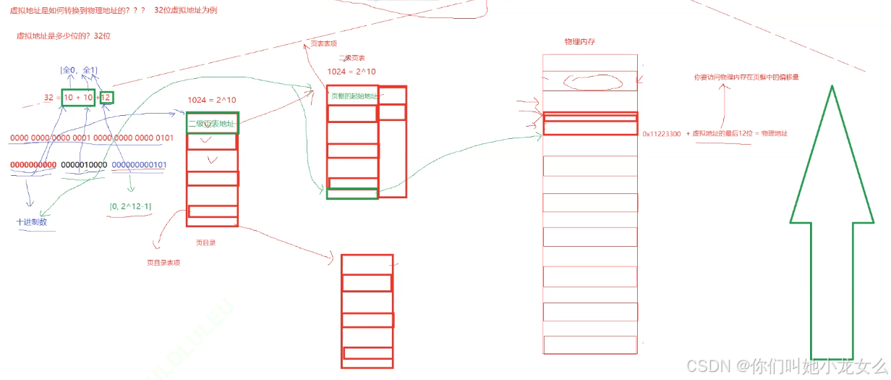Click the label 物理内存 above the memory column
tap(580, 43)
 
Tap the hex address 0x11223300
tap(661, 133)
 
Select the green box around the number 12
tap(107, 97)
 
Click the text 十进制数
tap(33, 222)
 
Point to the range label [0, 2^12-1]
tap(131, 206)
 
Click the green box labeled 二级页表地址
tap(212, 123)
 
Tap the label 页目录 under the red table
tap(205, 243)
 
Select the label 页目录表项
tap(163, 263)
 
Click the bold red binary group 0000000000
tap(33, 165)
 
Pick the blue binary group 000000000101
tap(139, 165)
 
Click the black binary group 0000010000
tap(84, 165)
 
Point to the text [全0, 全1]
tap(79, 70)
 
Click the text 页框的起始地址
tap(353, 96)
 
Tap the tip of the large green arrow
tap(832, 88)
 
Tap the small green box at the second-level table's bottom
tap(351, 193)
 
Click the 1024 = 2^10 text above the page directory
tap(211, 100)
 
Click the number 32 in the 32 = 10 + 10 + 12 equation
tap(49, 97)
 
